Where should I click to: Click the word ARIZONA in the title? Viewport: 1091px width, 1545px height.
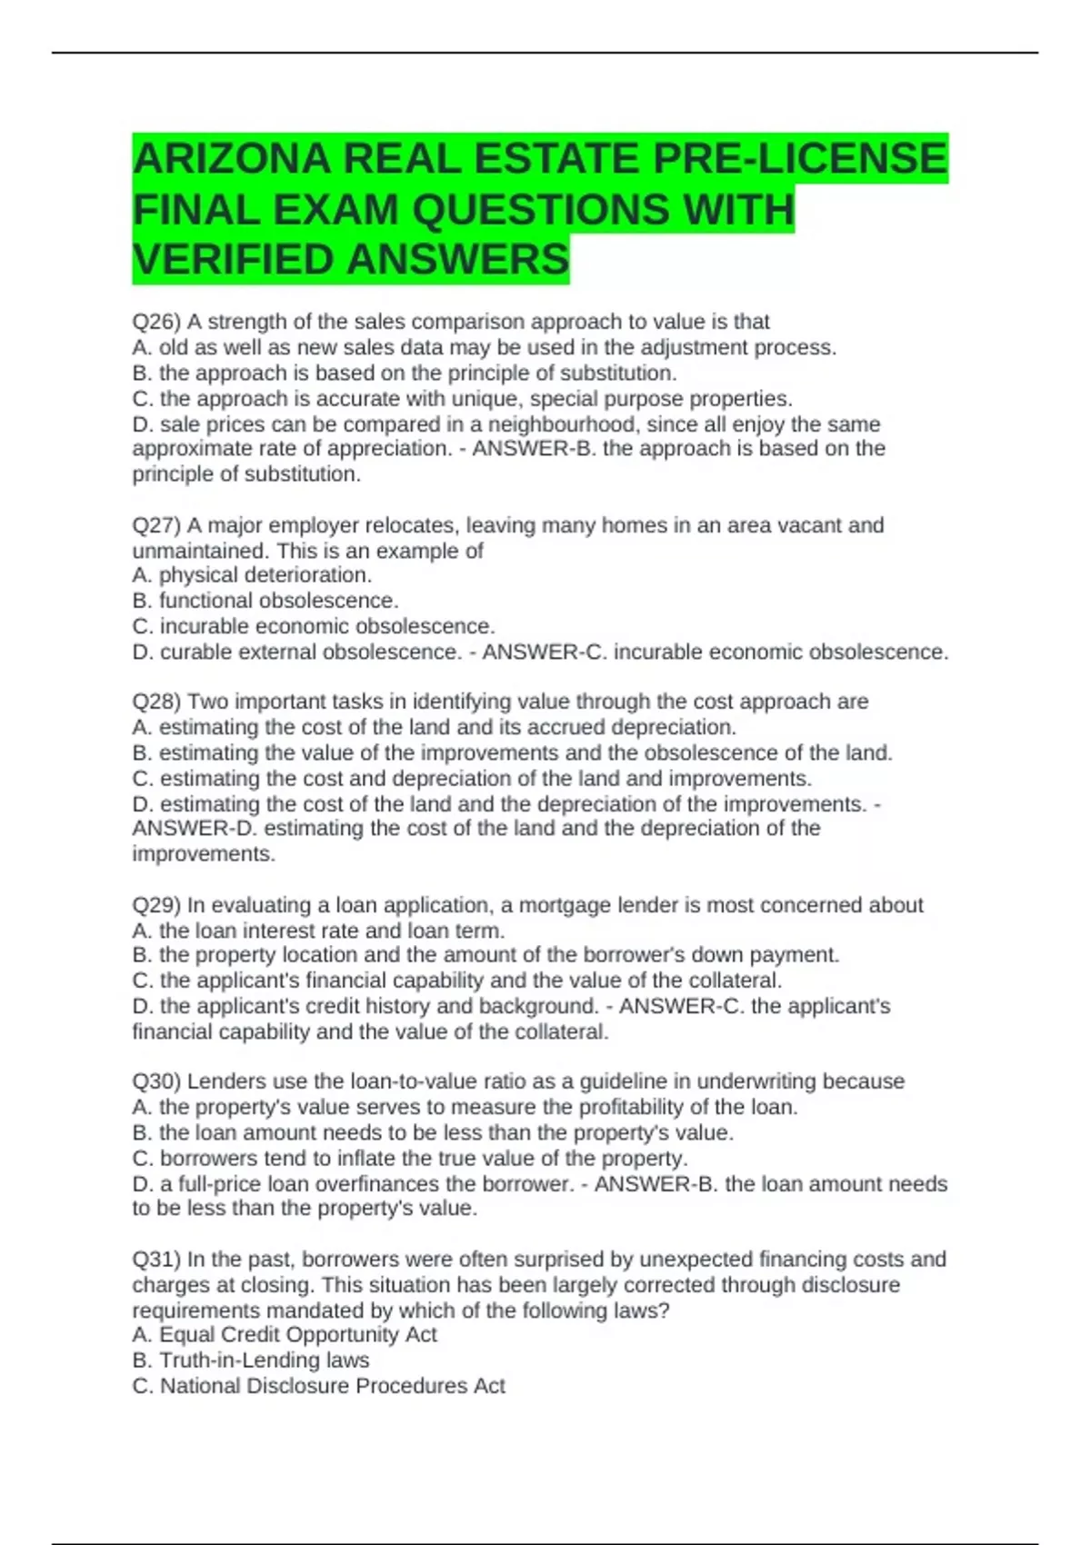click(232, 159)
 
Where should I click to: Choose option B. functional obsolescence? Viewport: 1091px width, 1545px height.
click(265, 601)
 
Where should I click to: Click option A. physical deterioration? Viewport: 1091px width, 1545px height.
click(252, 575)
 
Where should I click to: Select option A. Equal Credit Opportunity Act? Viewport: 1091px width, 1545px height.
click(285, 1335)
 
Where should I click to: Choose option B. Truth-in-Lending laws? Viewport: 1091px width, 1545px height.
click(251, 1361)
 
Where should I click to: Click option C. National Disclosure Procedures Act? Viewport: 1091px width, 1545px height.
click(318, 1386)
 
